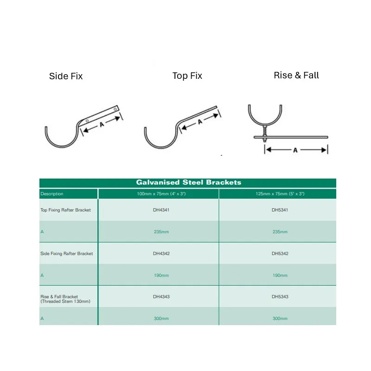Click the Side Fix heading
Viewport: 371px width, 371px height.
click(66, 76)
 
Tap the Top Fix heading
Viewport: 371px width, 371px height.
click(187, 76)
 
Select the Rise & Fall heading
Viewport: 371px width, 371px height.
click(296, 75)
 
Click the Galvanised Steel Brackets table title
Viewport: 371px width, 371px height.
click(189, 182)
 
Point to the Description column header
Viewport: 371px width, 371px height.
click(52, 194)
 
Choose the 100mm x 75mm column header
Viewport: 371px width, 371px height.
click(161, 194)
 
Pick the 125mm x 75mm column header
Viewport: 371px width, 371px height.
click(280, 194)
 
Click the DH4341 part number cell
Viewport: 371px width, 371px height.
click(161, 210)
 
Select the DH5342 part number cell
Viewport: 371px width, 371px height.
click(280, 253)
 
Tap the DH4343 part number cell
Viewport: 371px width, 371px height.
click(161, 296)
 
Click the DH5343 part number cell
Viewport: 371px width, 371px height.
click(280, 296)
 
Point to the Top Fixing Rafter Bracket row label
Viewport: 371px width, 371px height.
click(65, 210)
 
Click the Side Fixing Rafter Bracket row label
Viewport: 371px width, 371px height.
click(66, 253)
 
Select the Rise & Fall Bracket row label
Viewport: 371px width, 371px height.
click(65, 299)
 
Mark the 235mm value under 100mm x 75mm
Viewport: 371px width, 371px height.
click(161, 231)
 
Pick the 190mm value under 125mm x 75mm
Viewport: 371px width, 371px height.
click(280, 275)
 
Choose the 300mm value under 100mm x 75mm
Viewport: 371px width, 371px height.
click(161, 319)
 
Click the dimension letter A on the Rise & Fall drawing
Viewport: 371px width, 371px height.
click(295, 150)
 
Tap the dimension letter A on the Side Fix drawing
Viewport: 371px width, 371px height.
click(102, 124)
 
